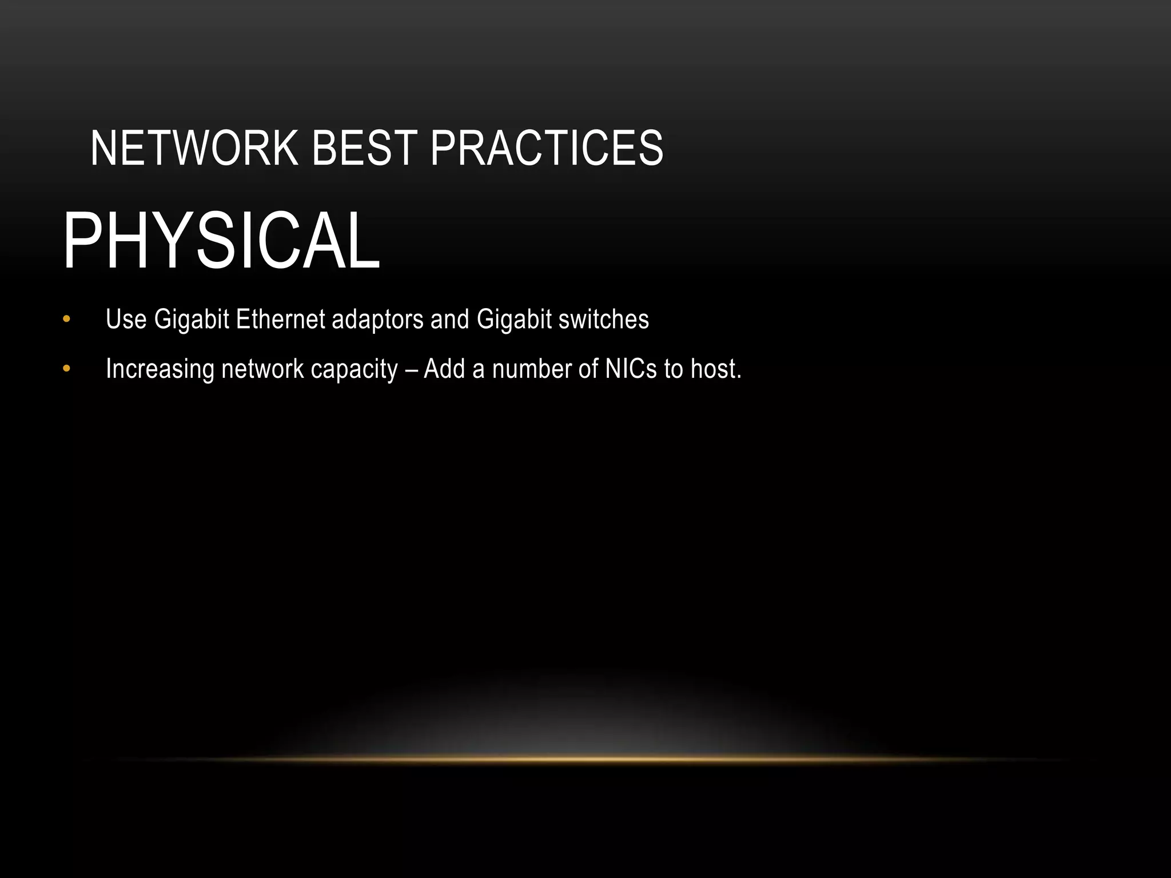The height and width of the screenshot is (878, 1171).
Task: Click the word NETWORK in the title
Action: click(194, 148)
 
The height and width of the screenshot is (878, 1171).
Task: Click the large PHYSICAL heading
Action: click(221, 241)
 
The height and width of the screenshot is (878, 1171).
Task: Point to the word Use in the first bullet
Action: click(126, 319)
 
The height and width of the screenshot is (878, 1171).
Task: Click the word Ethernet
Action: click(280, 319)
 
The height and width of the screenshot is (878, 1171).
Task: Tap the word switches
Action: click(604, 319)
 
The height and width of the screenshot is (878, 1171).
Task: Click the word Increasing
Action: click(160, 369)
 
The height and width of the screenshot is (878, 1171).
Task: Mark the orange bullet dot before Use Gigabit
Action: click(66, 319)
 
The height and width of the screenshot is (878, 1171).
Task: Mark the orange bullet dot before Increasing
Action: click(66, 369)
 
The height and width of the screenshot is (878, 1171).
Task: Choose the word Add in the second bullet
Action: click(444, 369)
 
